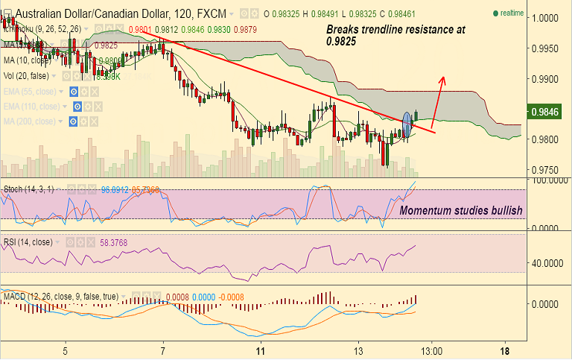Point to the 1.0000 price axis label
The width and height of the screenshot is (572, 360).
click(550, 18)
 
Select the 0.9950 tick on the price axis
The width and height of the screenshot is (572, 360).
click(550, 48)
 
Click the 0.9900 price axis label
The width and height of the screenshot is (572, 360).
click(550, 79)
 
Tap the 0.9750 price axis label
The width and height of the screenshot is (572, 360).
click(550, 169)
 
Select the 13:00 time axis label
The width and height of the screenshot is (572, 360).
click(430, 350)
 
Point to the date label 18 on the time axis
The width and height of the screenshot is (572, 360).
click(505, 350)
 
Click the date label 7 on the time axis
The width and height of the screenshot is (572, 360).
click(162, 350)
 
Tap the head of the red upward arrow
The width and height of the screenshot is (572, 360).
click(443, 78)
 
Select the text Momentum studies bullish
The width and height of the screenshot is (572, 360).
click(461, 211)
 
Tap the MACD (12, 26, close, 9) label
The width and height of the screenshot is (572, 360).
click(59, 297)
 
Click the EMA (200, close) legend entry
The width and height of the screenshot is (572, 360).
click(33, 121)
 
